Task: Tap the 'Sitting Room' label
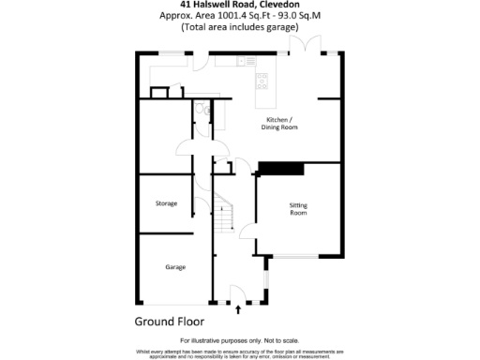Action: [297, 209]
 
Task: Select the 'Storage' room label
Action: [166, 203]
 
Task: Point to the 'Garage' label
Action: [175, 267]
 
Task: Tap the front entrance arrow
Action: [238, 307]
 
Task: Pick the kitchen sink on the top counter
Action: [243, 61]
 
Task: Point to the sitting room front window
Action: [299, 255]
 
